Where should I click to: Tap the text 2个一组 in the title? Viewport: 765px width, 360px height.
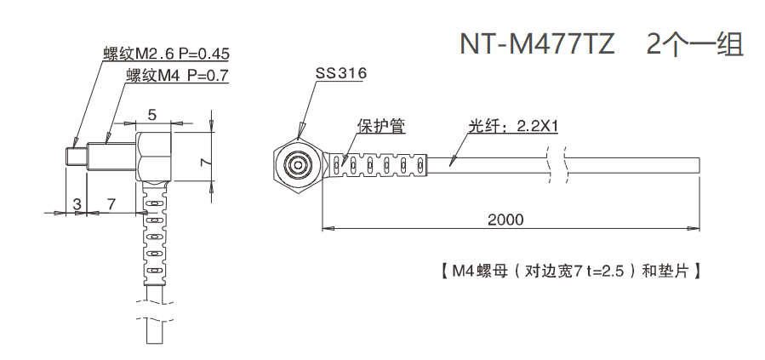coord(694,43)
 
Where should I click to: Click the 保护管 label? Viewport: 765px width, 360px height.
coord(380,126)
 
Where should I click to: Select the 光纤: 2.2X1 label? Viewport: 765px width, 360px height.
coord(512,126)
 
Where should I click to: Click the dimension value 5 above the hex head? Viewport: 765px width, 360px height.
coord(151,114)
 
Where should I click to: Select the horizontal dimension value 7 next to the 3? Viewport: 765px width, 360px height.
coord(111,203)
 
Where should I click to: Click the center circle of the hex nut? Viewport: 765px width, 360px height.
coord(299,164)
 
